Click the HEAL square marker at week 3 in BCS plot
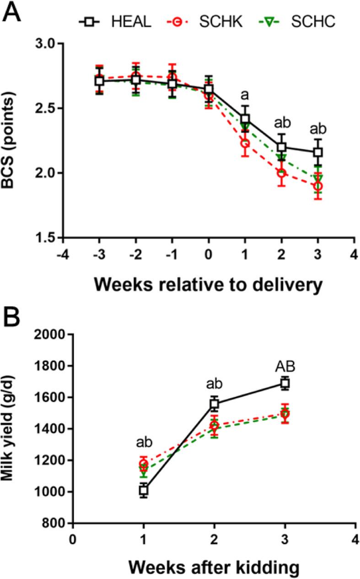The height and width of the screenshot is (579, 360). pos(317,152)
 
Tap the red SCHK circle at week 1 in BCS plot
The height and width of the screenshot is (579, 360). pos(245,143)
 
